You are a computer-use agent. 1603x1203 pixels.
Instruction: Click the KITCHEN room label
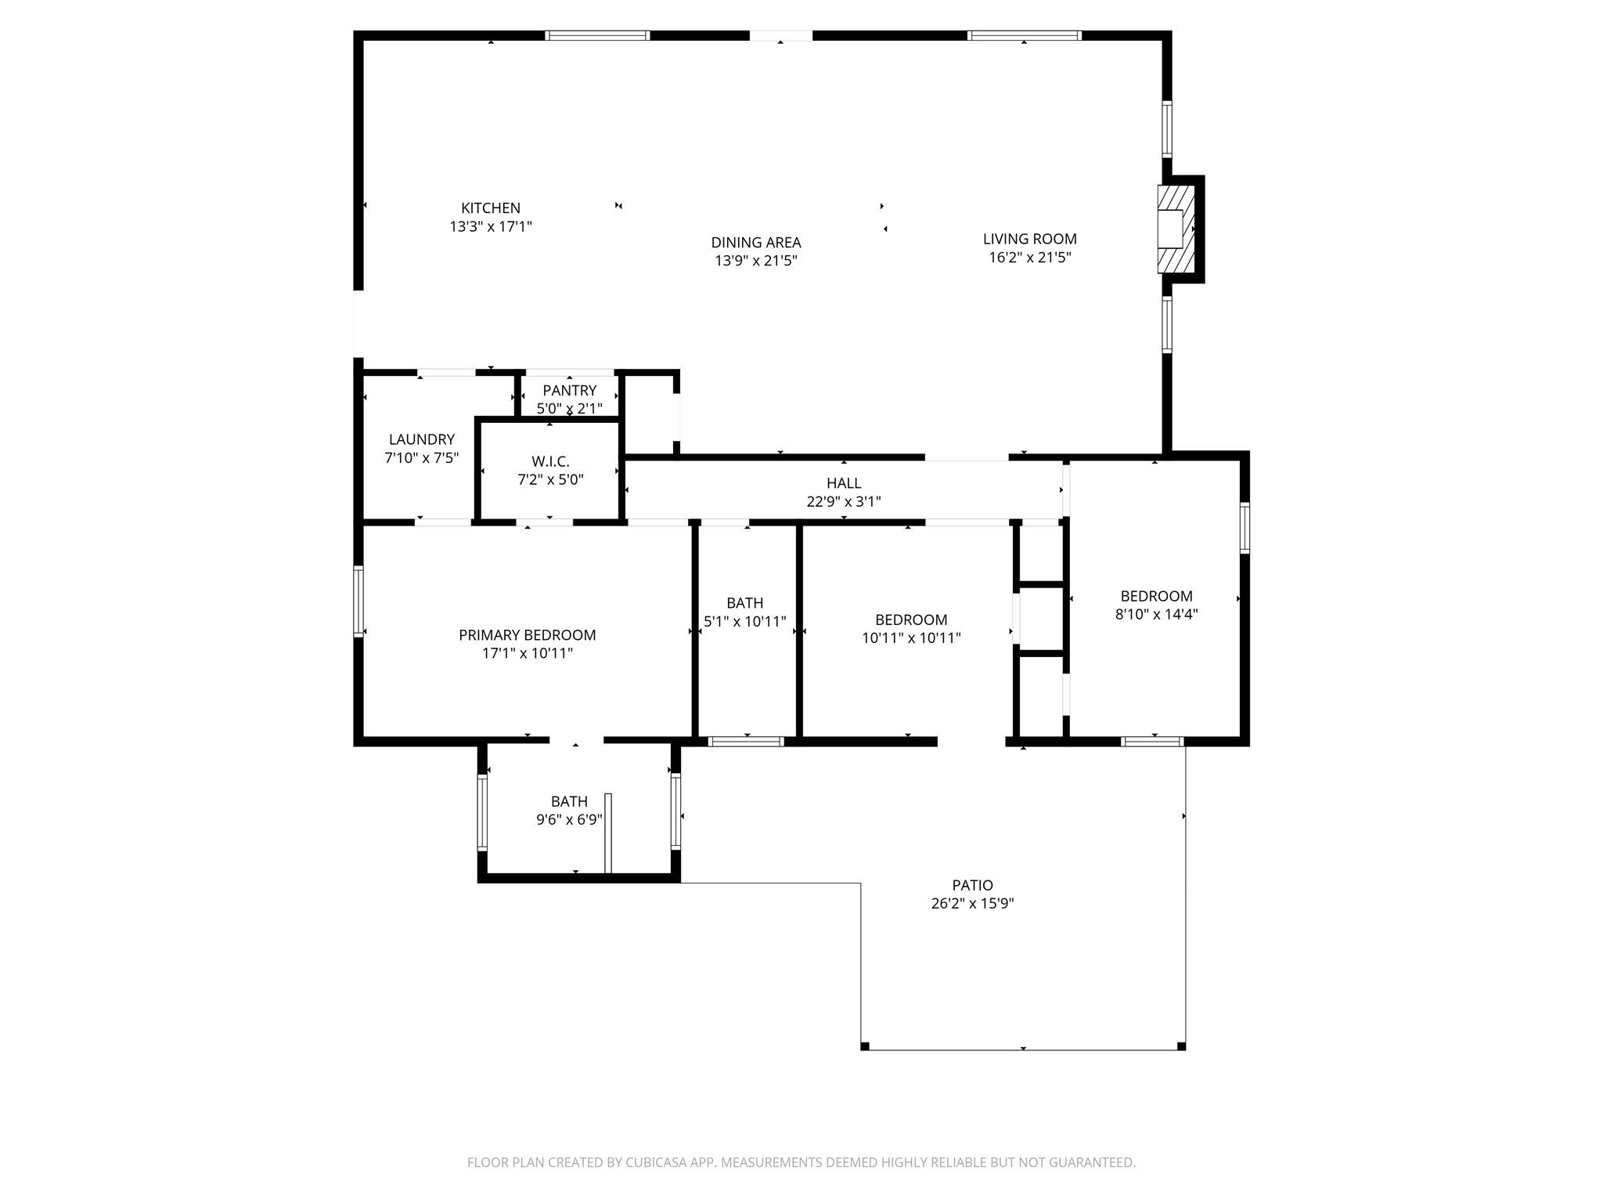(491, 208)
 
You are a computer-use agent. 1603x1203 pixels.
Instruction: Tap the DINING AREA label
(755, 243)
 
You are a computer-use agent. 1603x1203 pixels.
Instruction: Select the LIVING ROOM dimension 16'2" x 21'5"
(1029, 258)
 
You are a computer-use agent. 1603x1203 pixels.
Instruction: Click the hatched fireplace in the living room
(1176, 229)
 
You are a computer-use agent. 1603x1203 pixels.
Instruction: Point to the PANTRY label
(569, 390)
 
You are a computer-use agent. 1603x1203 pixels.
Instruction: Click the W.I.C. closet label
(550, 461)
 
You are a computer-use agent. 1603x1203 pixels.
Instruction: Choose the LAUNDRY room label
(421, 439)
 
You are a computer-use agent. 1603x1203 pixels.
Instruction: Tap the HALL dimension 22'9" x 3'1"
(843, 502)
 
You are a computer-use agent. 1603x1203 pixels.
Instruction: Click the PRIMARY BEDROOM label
(527, 635)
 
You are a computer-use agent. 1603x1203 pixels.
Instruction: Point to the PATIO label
(972, 885)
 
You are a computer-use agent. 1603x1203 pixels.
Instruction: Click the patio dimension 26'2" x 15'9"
(972, 904)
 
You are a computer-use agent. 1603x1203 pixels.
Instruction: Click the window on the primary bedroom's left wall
(359, 601)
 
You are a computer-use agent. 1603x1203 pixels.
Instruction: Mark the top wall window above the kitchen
(597, 35)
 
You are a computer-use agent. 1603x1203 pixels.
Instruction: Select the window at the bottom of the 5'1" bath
(746, 742)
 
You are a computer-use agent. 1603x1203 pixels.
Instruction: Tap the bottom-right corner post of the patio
(1181, 1046)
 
